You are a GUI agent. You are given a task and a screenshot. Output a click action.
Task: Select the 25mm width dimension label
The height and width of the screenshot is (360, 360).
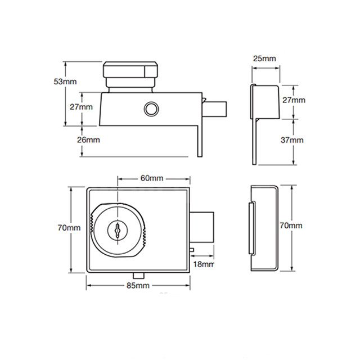coord(264,58)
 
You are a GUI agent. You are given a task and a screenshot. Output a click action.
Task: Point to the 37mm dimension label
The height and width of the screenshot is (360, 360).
coord(292,139)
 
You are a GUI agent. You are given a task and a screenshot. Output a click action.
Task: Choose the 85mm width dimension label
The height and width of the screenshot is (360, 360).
coord(139,286)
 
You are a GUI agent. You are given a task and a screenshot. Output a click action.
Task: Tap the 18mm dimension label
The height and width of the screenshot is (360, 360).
coord(204,264)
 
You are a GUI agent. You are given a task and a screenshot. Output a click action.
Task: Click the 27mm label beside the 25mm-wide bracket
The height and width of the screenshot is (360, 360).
coord(292,100)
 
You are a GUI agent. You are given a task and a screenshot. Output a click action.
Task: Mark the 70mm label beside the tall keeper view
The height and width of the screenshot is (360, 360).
coord(291,225)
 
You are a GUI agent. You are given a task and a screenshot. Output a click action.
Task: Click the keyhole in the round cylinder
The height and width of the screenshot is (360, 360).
coord(117,230)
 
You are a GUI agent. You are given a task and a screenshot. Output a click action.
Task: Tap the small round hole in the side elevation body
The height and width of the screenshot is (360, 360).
coord(151,109)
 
